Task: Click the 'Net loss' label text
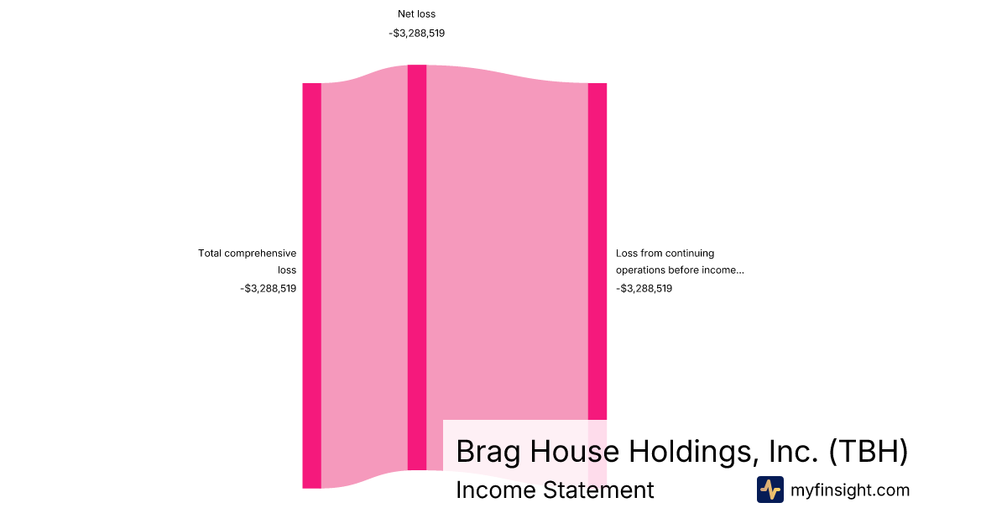[x=416, y=14]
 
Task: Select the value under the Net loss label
[x=417, y=34]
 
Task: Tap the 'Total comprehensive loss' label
[x=248, y=261]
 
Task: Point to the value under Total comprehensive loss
[x=268, y=288]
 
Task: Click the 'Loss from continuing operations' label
[x=680, y=261]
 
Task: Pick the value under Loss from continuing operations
[x=644, y=288]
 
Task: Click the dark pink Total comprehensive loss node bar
[x=311, y=285]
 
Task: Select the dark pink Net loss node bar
[x=417, y=268]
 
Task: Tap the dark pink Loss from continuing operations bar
[x=597, y=251]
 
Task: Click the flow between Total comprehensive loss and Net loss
[x=364, y=276]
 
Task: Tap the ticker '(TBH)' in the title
[x=868, y=451]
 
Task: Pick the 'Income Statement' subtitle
[x=555, y=490]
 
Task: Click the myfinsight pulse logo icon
[x=770, y=490]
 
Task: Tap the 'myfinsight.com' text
[x=850, y=490]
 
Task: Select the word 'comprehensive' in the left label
[x=260, y=254]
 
